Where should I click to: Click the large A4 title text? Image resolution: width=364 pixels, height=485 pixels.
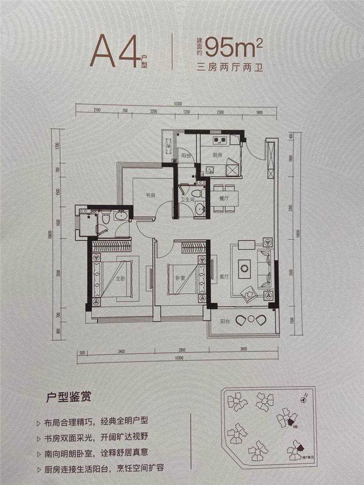coord(115,51)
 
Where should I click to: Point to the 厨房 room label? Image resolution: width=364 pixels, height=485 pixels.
coord(217,155)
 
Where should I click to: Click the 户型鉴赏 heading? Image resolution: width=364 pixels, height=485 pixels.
coord(69,395)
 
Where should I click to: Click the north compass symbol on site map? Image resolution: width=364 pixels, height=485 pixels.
coord(303,399)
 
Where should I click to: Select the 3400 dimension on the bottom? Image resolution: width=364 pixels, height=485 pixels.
coord(121,351)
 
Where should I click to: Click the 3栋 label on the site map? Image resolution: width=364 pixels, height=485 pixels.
coord(295,427)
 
